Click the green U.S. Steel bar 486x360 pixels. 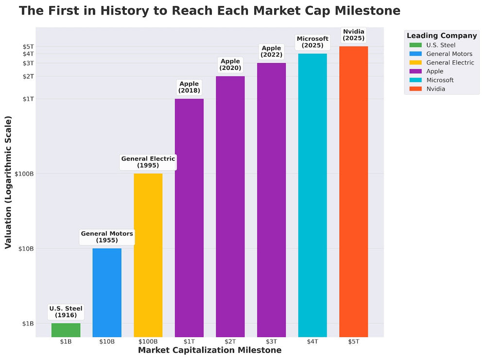[66, 330]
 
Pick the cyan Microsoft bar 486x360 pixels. [312, 195]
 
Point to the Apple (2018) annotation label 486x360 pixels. [189, 87]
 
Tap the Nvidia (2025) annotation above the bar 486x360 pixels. [353, 35]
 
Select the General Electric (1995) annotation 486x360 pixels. [148, 162]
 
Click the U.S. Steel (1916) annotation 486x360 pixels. [66, 311]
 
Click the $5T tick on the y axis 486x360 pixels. [28, 47]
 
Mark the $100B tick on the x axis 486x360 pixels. [148, 342]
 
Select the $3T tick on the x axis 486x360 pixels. [271, 342]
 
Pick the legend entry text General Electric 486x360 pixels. [450, 63]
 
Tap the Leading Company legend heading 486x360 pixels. [441, 35]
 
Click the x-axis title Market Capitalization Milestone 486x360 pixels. [209, 350]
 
